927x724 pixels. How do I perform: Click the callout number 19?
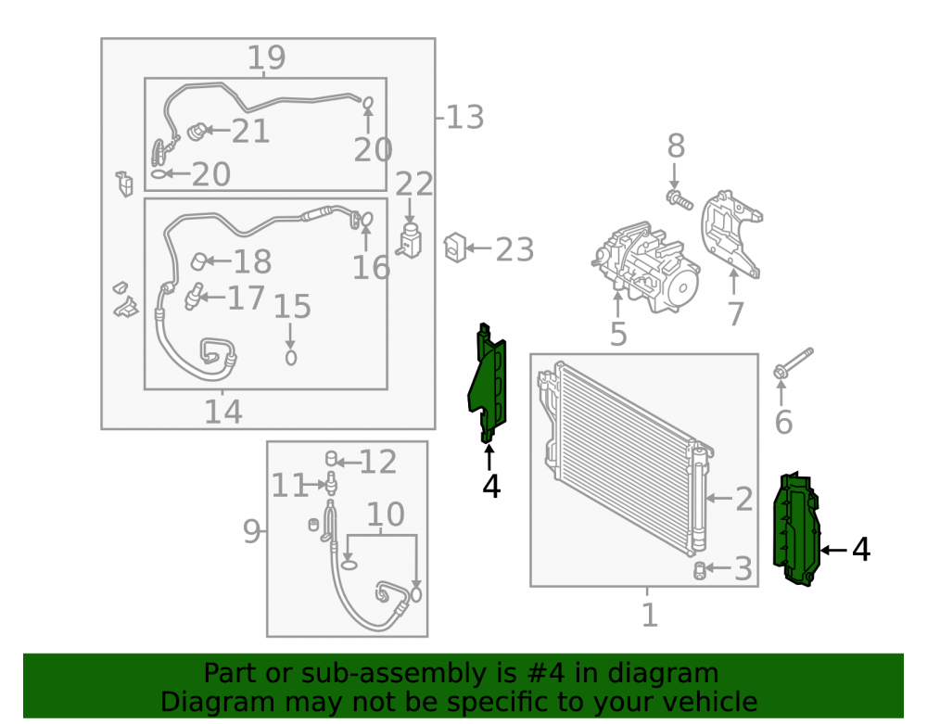coord(266,57)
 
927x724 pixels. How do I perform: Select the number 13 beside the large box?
coord(464,117)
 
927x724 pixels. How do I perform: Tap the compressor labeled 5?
coord(646,267)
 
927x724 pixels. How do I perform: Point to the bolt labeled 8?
coord(679,199)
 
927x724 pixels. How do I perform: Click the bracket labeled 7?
coord(730,234)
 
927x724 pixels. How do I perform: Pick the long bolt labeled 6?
coord(794,363)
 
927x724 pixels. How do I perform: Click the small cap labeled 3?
coord(699,571)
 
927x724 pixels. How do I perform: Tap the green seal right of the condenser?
coord(797,529)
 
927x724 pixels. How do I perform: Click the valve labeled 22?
coord(410,240)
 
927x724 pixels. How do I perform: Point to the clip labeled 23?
coord(454,248)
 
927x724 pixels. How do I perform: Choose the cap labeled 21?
coord(197,132)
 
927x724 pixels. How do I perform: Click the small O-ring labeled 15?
coord(290,358)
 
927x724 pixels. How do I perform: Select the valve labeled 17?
coord(193,296)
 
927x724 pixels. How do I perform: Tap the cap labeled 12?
coord(332,458)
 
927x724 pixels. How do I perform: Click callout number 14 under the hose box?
coord(223,412)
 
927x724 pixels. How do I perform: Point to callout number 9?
coord(251,531)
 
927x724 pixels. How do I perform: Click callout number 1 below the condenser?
coord(649,615)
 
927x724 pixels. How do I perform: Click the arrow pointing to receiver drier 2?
coord(719,498)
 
